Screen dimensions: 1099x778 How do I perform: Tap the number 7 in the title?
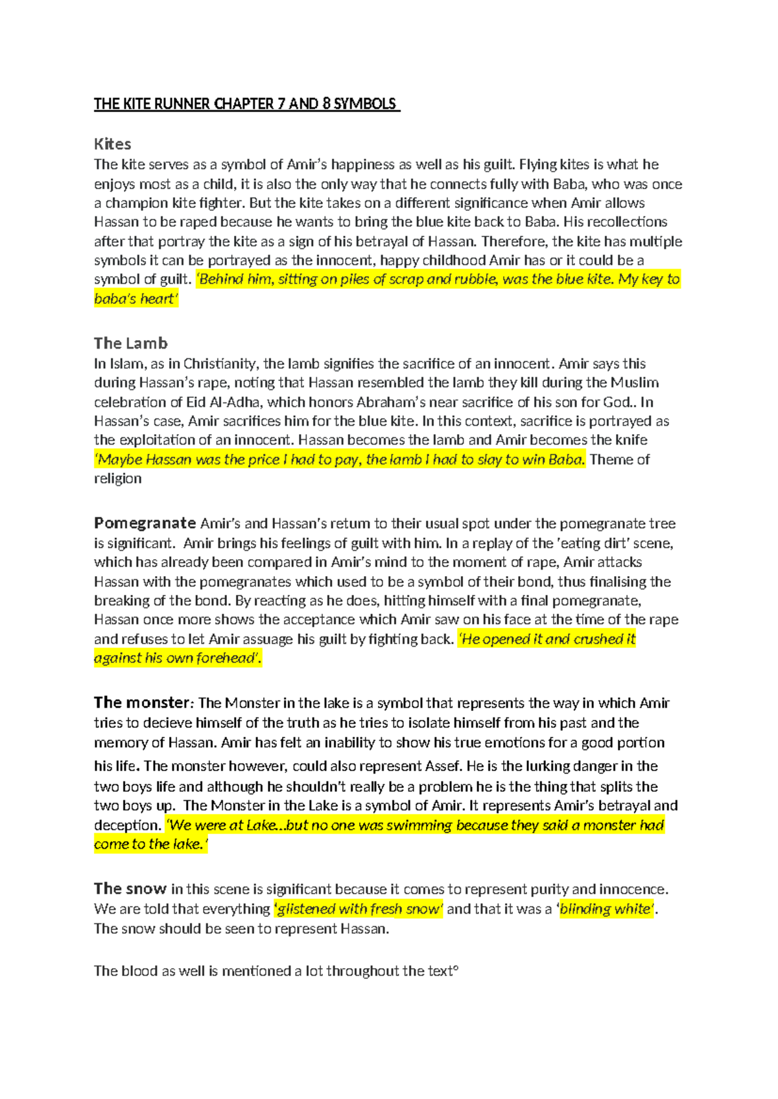click(x=281, y=104)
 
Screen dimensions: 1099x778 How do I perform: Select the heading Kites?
click(x=113, y=144)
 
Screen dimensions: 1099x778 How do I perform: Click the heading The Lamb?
click(x=131, y=343)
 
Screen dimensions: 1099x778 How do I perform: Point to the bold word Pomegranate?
click(x=145, y=523)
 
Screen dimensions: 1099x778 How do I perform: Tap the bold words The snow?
click(x=130, y=888)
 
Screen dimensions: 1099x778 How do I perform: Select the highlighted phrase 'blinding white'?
click(x=607, y=908)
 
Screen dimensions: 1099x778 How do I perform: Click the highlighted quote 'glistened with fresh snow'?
click(x=359, y=908)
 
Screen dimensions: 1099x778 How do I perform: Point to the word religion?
click(x=117, y=478)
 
